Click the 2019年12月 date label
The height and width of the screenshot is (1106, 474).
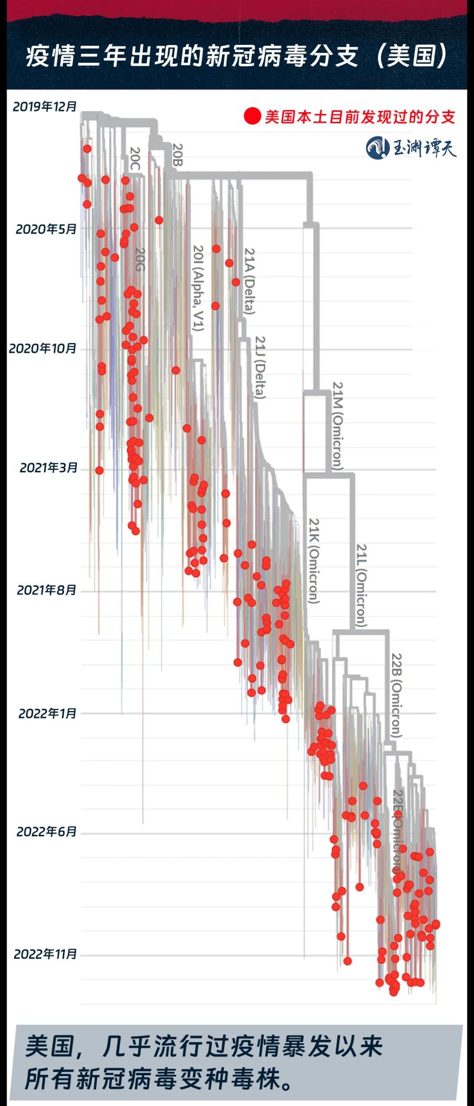(45, 107)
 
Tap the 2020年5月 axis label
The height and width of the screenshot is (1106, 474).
(46, 229)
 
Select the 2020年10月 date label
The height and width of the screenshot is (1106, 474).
(43, 349)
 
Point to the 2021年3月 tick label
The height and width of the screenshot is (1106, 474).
(48, 468)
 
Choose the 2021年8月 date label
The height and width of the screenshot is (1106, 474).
(47, 590)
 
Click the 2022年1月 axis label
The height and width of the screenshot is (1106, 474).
(47, 714)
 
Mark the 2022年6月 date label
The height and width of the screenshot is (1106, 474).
(47, 831)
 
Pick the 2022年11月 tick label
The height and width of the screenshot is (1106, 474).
(45, 954)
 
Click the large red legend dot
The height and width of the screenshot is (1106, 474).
(252, 116)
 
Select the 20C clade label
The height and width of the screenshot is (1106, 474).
(135, 158)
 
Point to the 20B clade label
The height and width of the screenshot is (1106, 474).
(177, 155)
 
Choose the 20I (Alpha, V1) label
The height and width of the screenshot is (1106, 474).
(198, 288)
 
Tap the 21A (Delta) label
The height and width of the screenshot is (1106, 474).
(249, 281)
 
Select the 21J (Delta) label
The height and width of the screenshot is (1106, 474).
(261, 367)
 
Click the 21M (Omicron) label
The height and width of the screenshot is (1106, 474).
(337, 426)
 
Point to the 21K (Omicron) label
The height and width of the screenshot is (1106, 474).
(313, 560)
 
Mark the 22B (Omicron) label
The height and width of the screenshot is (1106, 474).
(396, 696)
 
